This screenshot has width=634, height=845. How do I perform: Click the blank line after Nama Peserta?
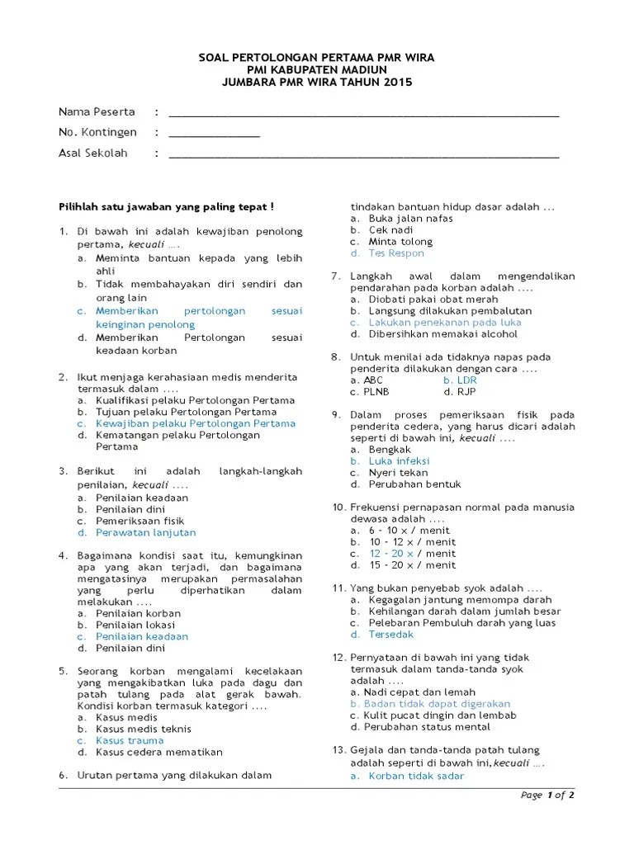coord(363,115)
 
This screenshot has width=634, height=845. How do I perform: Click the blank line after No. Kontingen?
coord(214,135)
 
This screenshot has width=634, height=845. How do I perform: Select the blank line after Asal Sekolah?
coord(363,155)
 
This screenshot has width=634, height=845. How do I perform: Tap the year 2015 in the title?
coord(395,83)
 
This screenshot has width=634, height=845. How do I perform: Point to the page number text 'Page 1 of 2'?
coord(547,795)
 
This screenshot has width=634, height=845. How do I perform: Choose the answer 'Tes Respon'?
coord(396,253)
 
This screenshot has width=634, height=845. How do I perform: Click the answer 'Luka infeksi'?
coord(399,461)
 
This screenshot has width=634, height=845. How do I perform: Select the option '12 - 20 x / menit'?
coord(412,554)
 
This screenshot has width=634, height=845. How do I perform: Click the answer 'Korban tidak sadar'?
coord(416,776)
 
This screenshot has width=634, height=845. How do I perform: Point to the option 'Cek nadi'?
coord(390,230)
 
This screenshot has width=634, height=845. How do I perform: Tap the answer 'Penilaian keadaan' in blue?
coord(142,636)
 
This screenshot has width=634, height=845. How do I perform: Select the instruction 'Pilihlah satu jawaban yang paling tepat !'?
coord(166,207)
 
